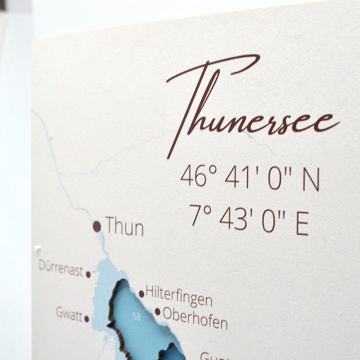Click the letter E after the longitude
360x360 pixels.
coord(302,223)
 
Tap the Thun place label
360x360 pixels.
coord(124,227)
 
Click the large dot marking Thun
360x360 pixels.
coord(97,226)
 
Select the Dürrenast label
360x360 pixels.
coord(61,267)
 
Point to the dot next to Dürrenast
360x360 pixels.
coord(88,274)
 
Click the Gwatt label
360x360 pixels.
coord(69,313)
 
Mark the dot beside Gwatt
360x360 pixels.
coord(86,318)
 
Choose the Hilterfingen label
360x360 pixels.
coord(178,296)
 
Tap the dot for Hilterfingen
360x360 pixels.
coord(141,294)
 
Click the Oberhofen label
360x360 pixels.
coord(195,317)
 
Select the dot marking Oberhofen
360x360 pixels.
coord(157,311)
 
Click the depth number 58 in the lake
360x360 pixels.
coord(136,316)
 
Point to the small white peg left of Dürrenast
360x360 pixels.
coord(37,248)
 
